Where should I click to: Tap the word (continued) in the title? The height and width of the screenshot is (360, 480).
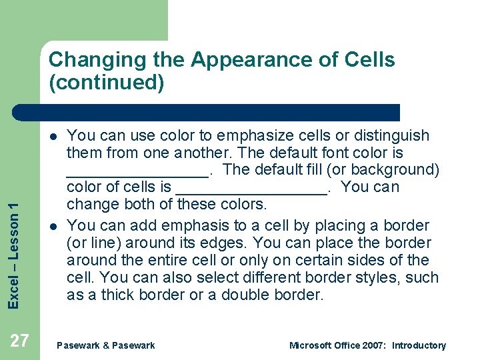point(106,83)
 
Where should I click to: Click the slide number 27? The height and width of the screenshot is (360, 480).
point(20,341)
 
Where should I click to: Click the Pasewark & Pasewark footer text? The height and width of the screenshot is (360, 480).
point(106,345)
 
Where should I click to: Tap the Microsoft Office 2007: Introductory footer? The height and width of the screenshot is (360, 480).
point(367,345)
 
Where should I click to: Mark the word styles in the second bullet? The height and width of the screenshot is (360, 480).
point(387,277)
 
